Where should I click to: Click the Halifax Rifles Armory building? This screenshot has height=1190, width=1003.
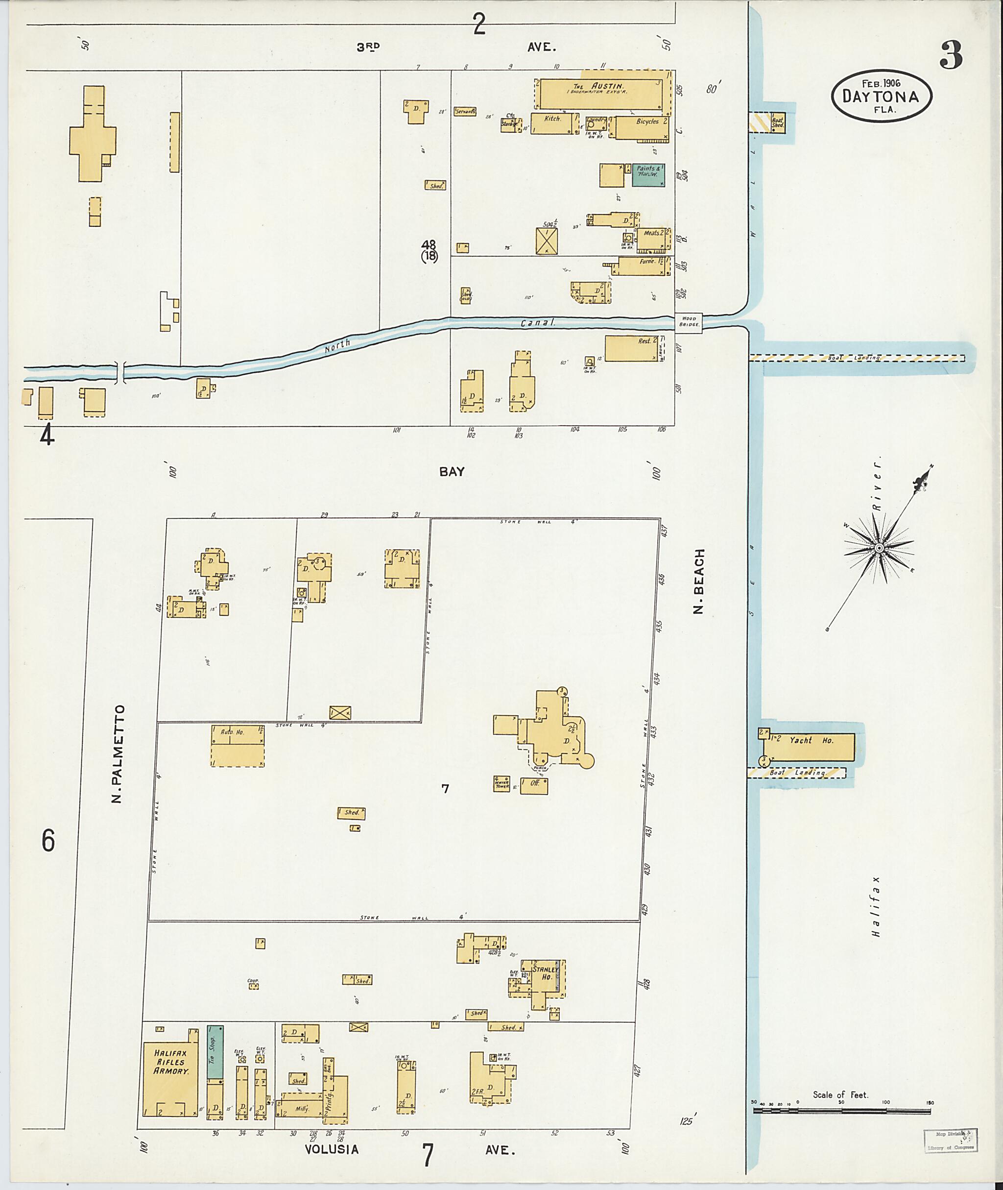pos(170,1078)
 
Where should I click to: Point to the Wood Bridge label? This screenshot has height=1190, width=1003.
pos(688,322)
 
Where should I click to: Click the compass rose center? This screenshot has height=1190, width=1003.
pos(879,548)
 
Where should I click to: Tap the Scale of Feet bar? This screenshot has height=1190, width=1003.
pos(842,1110)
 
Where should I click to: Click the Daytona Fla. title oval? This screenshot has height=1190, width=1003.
pos(882,95)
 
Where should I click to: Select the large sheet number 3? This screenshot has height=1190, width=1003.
pos(951,55)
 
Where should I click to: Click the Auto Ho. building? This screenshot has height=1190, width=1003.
pos(238,746)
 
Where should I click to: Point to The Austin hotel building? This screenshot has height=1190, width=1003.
pos(601,93)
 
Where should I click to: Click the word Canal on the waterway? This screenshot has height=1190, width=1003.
pos(537,323)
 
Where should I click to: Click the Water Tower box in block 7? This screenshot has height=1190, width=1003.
pos(501,784)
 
